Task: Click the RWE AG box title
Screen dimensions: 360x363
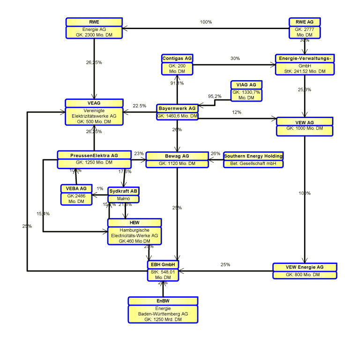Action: coord(304,22)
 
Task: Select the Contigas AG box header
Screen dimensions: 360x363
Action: coord(177,58)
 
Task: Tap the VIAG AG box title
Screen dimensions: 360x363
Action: coord(246,85)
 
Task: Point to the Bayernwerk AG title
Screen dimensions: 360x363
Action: coord(177,108)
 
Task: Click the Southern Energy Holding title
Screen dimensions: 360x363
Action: coord(253,156)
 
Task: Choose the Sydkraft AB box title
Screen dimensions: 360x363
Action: coord(124,191)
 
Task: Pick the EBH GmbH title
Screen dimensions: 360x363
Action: coord(163,265)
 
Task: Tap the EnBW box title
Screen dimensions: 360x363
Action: coord(163,300)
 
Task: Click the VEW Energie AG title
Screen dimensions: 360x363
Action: coord(304,267)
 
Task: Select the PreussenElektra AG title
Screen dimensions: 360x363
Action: coord(94,155)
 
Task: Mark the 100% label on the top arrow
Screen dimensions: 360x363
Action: coord(206,22)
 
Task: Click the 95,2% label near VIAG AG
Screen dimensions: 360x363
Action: coord(215,96)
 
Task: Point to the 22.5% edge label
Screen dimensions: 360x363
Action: coord(140,106)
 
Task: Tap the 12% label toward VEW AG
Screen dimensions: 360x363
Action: coord(237,112)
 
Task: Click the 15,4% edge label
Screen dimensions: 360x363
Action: coord(43,214)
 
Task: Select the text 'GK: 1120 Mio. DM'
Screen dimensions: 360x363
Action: coord(177,164)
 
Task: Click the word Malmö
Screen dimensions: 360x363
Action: coord(124,199)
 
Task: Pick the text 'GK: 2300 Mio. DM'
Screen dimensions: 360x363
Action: coord(94,34)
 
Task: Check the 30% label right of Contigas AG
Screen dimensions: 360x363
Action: coord(235,59)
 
